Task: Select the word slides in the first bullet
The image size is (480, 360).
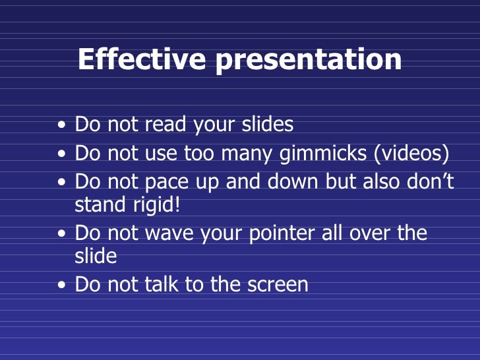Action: [260, 124]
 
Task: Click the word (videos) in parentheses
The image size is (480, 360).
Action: [412, 154]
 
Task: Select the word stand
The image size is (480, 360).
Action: [99, 204]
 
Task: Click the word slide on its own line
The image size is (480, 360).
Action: [96, 255]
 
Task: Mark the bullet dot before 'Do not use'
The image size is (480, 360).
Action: [61, 154]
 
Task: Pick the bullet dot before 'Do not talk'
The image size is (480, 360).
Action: [61, 285]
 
